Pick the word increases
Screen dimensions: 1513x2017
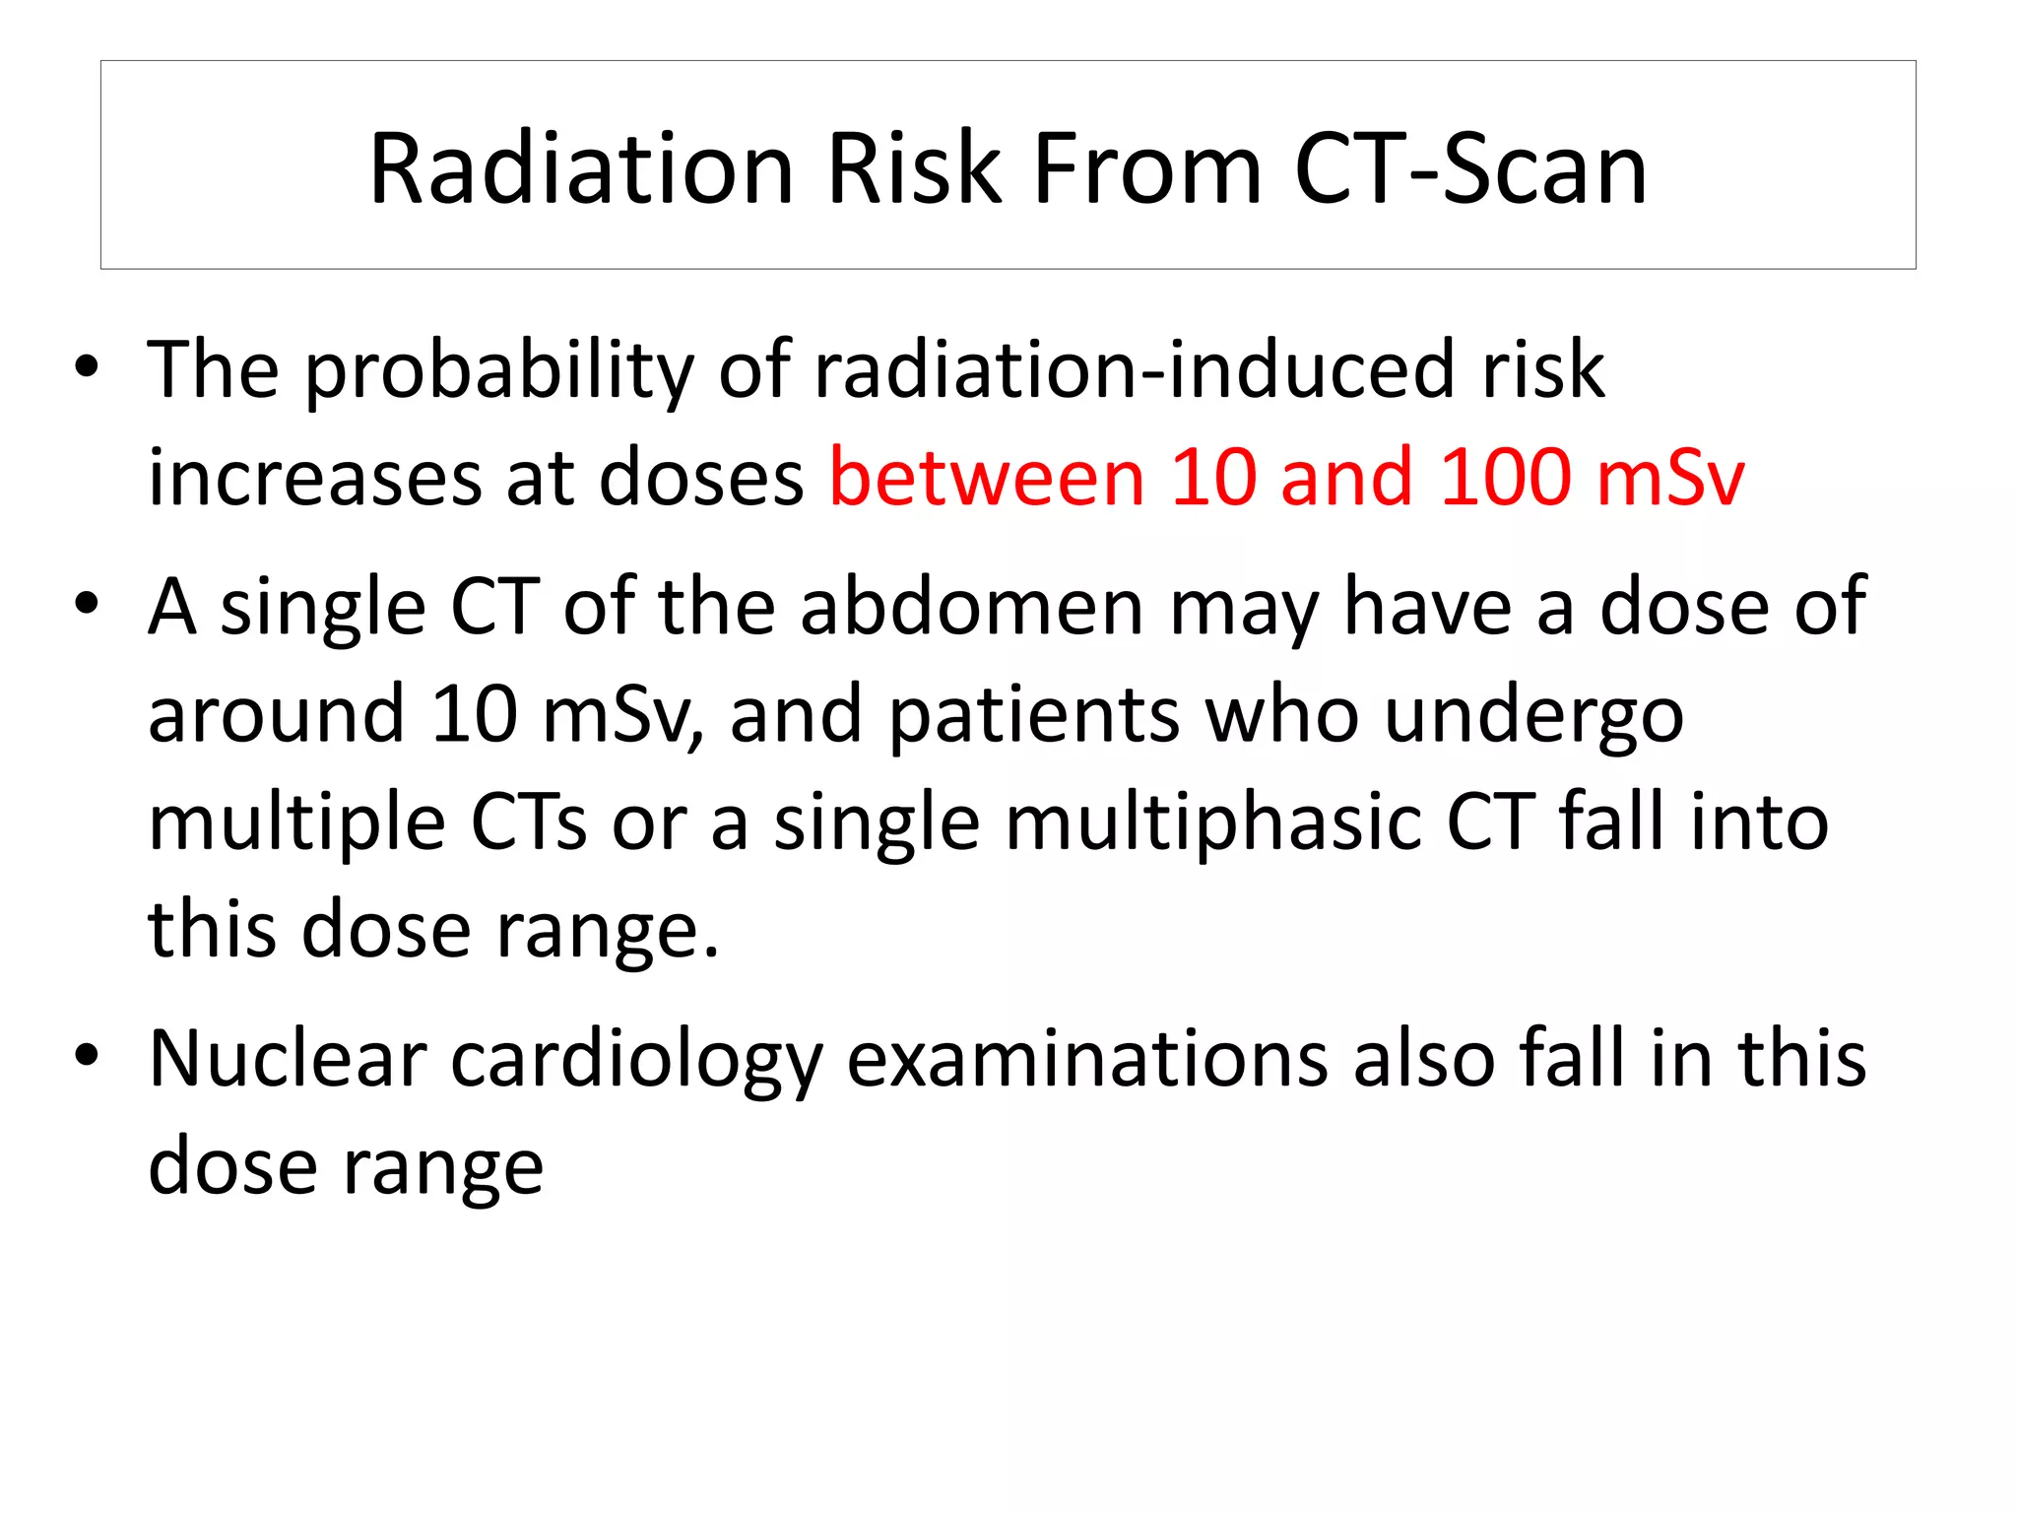coord(314,479)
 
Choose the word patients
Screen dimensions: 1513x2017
coord(1034,715)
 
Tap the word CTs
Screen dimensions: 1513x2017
coord(529,822)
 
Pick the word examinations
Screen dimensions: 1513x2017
coord(1087,1060)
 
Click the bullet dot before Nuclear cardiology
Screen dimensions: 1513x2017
coord(87,1055)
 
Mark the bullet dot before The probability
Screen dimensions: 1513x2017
coord(87,367)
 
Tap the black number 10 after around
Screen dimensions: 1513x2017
coord(474,715)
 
